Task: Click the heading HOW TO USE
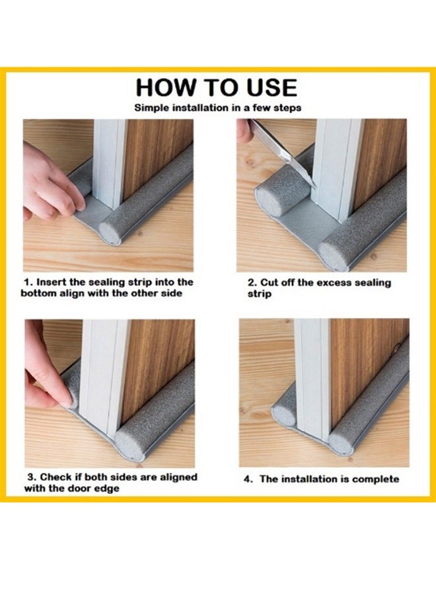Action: point(217,87)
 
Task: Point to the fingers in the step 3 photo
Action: point(50,377)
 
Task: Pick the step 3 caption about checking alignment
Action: point(110,482)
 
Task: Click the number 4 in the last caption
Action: point(248,479)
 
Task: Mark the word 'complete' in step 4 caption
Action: point(377,479)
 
